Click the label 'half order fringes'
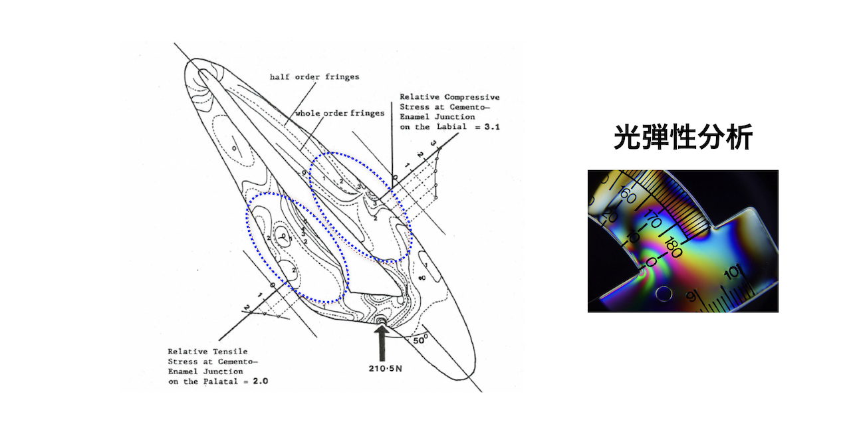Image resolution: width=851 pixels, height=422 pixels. coord(314,77)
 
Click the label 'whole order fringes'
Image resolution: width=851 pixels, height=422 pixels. coord(340,113)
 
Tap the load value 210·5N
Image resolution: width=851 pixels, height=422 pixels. coord(385,368)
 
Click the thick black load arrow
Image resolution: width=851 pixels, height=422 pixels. coord(382,343)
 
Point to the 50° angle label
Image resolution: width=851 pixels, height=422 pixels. coord(420,339)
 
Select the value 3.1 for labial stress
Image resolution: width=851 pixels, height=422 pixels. coord(492,127)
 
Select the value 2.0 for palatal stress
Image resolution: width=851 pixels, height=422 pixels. coord(260,381)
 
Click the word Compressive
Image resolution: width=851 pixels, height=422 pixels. coord(472,97)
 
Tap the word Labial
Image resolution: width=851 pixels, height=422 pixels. coord(451,127)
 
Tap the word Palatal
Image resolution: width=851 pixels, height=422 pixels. coord(219,381)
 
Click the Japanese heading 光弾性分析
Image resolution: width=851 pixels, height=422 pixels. coord(683,138)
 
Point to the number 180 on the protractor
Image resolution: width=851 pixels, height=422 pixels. coord(673,247)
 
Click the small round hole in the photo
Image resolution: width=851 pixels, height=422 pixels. coord(664,294)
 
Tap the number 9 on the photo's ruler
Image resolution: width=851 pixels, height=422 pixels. coord(692,296)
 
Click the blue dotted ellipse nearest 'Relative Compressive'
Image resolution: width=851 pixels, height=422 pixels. coord(360,207)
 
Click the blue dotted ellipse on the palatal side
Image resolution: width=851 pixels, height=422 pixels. coord(297,248)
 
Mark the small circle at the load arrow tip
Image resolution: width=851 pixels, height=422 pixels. coord(382,322)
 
